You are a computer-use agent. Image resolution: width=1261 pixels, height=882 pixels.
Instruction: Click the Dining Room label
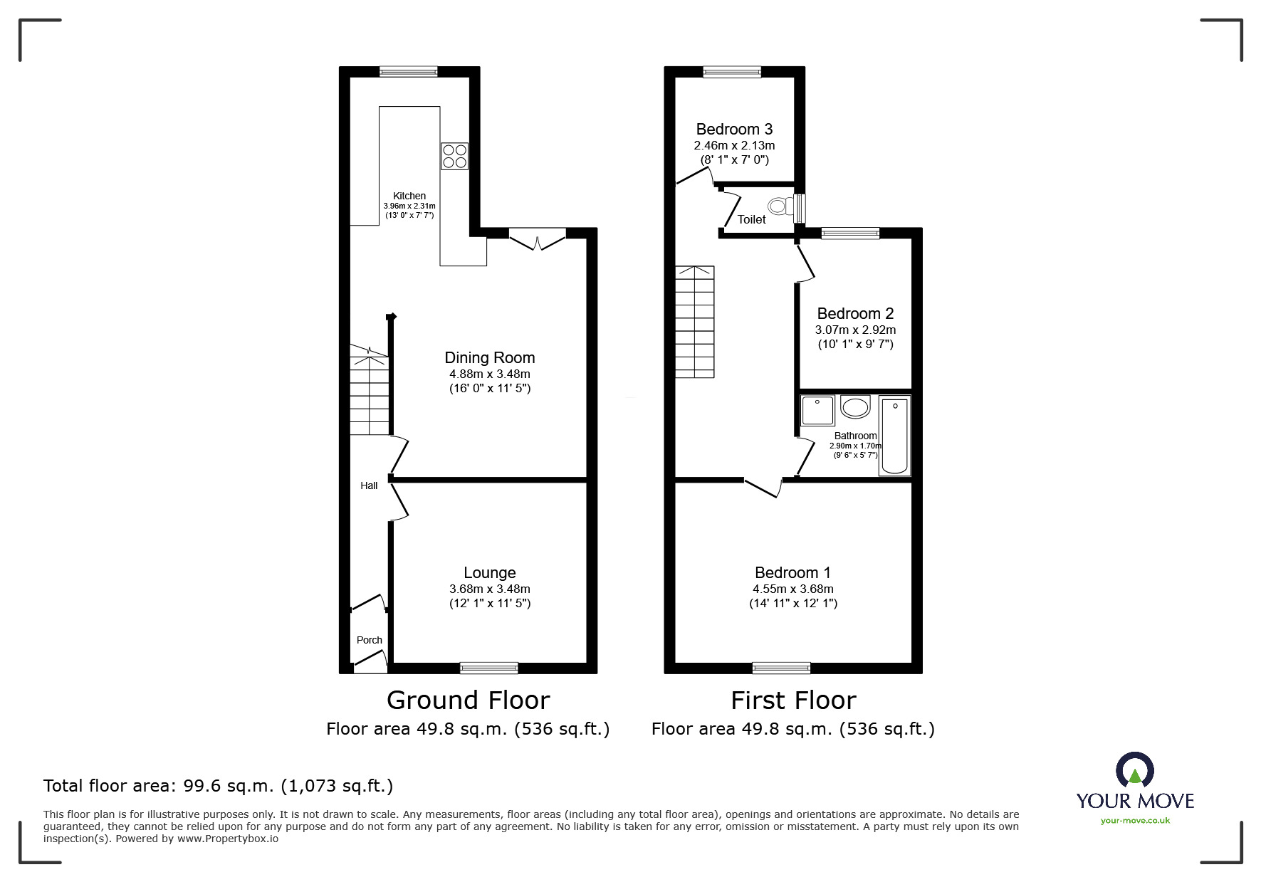489,358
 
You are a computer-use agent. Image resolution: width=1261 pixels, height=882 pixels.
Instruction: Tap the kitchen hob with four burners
455,156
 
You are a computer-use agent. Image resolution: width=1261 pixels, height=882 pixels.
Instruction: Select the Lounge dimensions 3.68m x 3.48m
489,589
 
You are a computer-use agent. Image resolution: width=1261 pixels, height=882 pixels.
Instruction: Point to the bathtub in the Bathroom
894,436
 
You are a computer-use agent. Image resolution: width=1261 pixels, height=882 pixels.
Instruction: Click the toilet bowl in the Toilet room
780,207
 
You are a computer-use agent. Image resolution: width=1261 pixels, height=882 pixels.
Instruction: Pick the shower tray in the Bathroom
817,410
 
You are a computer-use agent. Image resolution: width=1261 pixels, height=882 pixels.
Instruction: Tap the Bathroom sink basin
855,407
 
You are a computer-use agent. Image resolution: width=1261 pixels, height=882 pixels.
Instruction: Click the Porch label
369,640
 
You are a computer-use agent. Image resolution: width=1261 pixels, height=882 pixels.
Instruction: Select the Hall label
369,485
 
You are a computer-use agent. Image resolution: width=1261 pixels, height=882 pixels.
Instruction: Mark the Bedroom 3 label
734,129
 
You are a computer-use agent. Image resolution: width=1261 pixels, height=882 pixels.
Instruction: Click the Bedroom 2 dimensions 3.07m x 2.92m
855,330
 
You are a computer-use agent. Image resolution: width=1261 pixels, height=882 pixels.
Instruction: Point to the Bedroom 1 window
781,667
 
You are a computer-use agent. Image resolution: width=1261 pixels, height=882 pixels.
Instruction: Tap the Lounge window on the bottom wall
488,667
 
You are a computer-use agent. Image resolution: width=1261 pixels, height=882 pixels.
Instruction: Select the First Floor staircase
694,322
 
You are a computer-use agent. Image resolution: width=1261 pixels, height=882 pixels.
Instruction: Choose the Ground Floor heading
468,700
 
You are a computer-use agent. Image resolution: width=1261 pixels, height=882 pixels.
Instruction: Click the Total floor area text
218,786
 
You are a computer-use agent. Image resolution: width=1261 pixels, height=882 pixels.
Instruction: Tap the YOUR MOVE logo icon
1134,770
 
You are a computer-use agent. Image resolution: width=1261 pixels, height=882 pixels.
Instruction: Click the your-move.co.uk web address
1135,820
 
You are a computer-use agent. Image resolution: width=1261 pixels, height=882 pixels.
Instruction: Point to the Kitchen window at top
408,71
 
